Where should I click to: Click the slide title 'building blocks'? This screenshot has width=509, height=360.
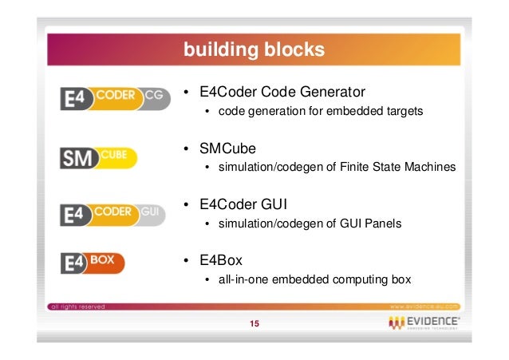coord(254,50)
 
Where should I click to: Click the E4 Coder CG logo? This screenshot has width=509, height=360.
coord(116,99)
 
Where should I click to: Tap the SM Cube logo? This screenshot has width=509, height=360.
coord(99,157)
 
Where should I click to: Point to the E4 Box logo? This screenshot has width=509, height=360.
coord(99,263)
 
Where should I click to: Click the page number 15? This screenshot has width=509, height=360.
coord(254,323)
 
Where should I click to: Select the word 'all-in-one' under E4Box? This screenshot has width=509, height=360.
coord(241,279)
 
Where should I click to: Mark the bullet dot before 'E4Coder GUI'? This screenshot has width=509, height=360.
coord(186,205)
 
